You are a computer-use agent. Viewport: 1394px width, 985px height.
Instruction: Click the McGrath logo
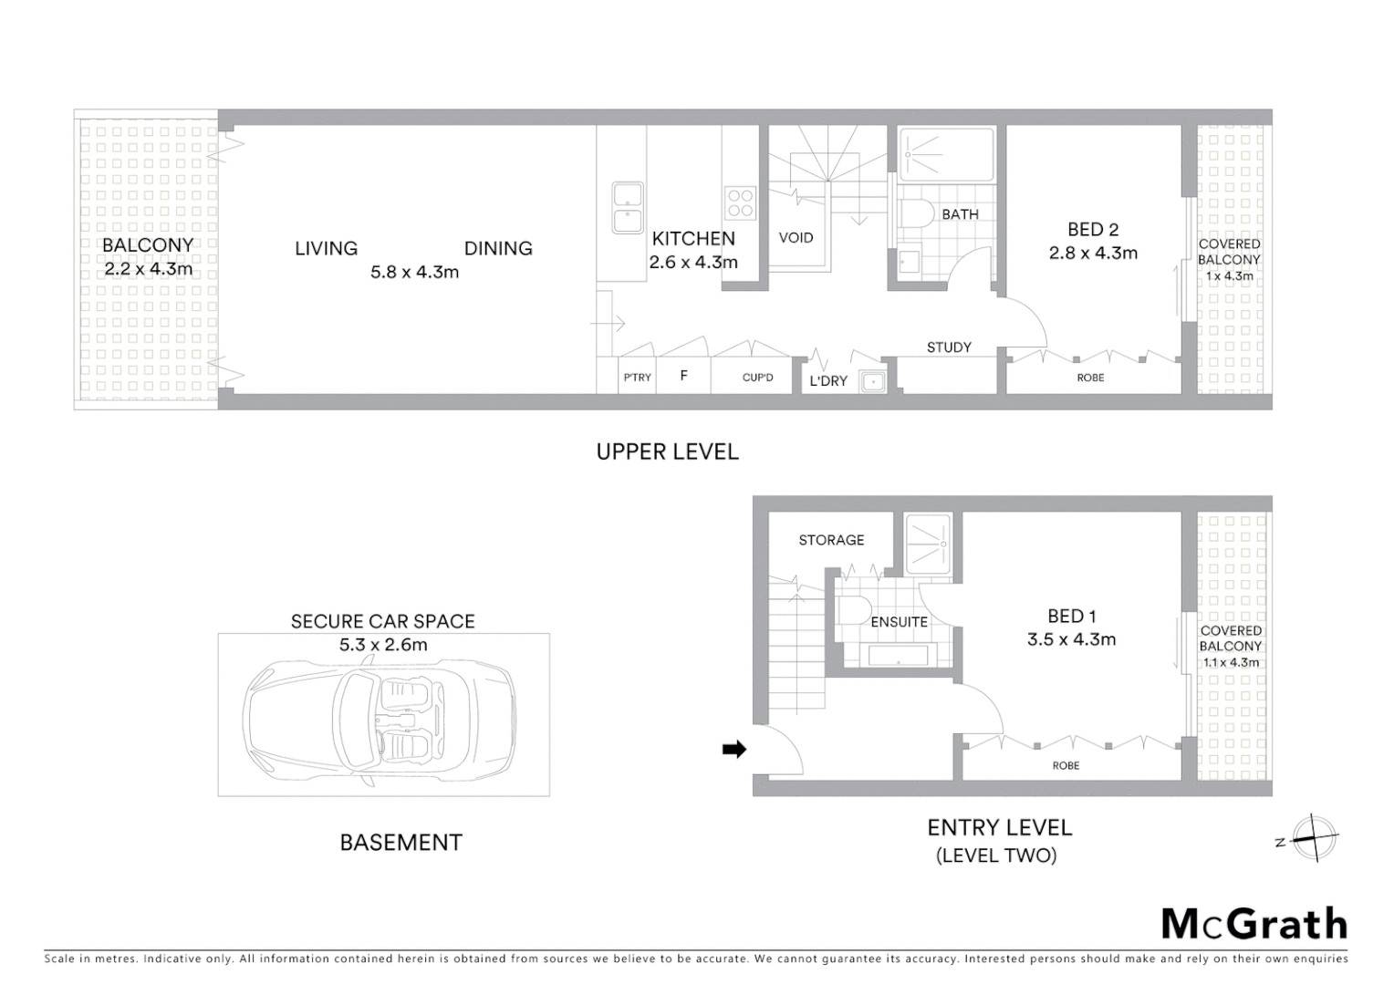(x=1254, y=924)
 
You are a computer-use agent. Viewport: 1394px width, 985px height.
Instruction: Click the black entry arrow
(x=733, y=750)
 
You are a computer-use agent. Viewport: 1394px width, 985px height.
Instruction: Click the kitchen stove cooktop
(x=740, y=202)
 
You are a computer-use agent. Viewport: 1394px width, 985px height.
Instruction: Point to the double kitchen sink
(x=628, y=208)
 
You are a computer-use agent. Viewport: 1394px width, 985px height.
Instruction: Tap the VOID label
(x=796, y=238)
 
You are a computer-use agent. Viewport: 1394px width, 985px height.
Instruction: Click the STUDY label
(x=949, y=347)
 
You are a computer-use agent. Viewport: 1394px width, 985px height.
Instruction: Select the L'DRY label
(x=828, y=381)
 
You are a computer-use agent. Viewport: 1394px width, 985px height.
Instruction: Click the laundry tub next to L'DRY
(x=871, y=381)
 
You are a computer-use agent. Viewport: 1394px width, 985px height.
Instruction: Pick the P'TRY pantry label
(x=637, y=378)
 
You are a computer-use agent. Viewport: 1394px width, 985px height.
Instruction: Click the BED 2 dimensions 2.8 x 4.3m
(x=1093, y=254)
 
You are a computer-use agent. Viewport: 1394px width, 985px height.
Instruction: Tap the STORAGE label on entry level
(x=831, y=540)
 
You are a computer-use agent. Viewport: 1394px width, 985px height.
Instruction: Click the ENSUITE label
(x=899, y=622)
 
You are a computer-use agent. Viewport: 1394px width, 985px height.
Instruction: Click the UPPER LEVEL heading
(x=667, y=451)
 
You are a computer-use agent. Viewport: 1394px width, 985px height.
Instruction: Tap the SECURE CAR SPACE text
(x=382, y=622)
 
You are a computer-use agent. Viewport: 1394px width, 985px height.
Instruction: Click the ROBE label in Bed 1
(x=1066, y=766)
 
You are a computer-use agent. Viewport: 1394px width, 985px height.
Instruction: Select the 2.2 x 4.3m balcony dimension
(x=149, y=269)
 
